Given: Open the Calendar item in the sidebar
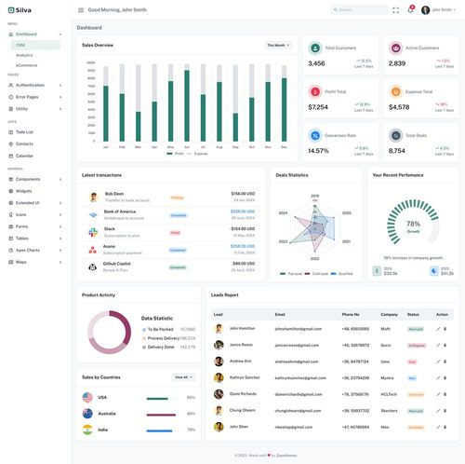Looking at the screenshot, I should [x=24, y=156].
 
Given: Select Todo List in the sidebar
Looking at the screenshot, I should [x=24, y=131].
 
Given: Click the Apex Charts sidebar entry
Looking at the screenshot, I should [x=28, y=250].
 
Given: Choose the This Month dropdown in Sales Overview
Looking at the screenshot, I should [x=278, y=45].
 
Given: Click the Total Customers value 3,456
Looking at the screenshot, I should [x=316, y=63].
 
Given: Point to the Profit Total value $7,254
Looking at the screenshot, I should [x=318, y=107].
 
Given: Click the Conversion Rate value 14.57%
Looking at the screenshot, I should [x=318, y=150].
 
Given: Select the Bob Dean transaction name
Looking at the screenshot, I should [x=114, y=194].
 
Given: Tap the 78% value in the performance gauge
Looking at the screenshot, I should [x=413, y=224].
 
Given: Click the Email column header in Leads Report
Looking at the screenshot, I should [x=280, y=314].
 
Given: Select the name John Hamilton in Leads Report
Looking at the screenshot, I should [x=241, y=329].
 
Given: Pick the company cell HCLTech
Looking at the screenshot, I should [x=390, y=393].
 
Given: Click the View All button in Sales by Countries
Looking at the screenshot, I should [x=183, y=377].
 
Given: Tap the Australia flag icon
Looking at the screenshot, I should [x=87, y=413].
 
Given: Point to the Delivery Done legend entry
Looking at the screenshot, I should [x=160, y=347].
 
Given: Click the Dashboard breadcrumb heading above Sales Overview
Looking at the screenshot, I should [x=90, y=28].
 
